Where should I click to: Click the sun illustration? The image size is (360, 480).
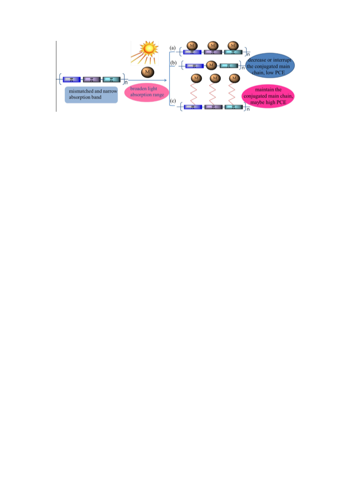coord(145,53)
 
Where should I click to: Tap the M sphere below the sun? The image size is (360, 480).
coord(148,72)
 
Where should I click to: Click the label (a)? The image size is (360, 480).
coord(173,48)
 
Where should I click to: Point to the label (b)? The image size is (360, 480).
coord(173,63)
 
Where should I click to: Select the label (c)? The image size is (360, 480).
coord(173,101)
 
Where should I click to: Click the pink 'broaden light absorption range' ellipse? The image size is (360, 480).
coord(147,92)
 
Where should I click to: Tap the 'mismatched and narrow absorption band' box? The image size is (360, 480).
coord(91,94)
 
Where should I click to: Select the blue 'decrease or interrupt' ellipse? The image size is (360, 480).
coord(270,66)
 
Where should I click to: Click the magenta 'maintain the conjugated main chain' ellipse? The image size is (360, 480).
coord(268,96)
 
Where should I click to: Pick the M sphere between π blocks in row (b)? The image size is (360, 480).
coord(211,65)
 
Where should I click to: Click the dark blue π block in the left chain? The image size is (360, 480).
coord(72,79)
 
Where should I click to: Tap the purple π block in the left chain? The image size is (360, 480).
coord(92,79)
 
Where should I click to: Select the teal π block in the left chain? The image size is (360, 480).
coord(111,79)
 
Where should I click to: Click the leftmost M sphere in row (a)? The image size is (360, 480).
coord(192,45)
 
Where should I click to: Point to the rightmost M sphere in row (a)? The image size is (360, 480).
coord(233,45)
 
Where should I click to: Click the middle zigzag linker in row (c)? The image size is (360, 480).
coord(213,94)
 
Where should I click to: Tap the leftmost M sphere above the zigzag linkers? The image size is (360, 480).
coord(196,78)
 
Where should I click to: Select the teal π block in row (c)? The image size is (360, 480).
coord(234,107)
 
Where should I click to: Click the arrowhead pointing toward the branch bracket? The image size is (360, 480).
coord(165,80)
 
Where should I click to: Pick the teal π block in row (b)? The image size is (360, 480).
coord(229,66)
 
